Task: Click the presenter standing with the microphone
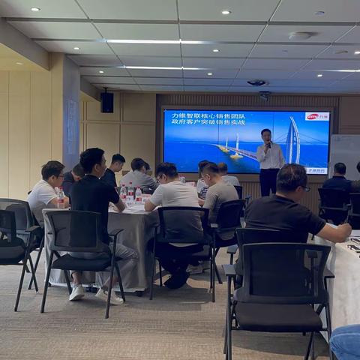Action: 269,159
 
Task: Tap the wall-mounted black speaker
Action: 107,102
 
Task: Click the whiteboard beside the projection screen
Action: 346,154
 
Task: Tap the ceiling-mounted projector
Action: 256,82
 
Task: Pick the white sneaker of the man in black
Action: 76,292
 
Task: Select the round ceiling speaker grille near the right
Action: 301,35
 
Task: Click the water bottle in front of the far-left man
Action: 61,198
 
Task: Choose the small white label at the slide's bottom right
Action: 316,170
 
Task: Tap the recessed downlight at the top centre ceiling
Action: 225,12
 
